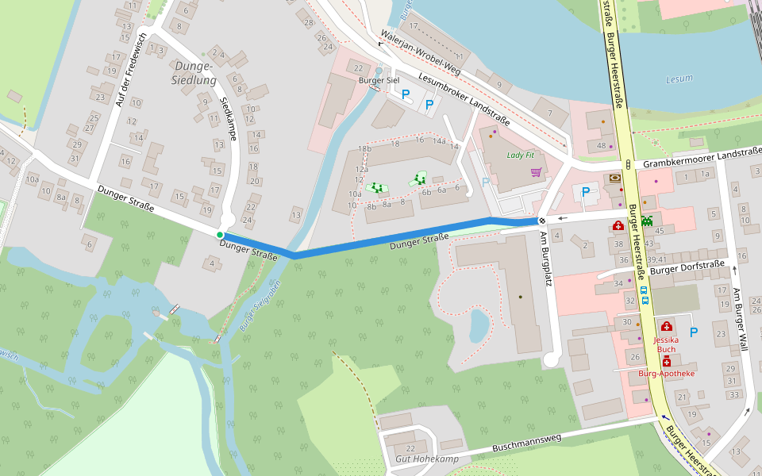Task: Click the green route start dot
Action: tap(220, 235)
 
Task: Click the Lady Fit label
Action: tap(521, 155)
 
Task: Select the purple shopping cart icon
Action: tap(536, 171)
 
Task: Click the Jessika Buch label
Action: tap(665, 344)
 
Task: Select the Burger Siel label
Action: tap(379, 81)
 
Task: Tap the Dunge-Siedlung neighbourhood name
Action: tap(194, 73)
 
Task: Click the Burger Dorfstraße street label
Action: tap(687, 267)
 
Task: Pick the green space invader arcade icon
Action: tap(648, 220)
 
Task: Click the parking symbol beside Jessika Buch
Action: tap(693, 332)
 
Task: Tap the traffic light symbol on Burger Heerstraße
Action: tap(628, 164)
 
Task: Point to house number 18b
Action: tap(364, 149)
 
